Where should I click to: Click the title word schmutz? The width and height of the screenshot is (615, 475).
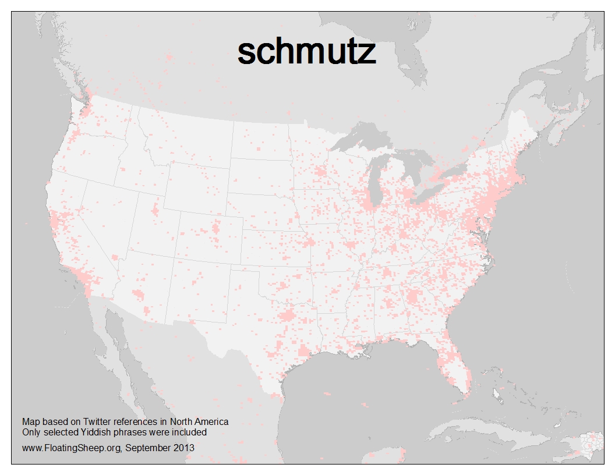pyautogui.click(x=306, y=53)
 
